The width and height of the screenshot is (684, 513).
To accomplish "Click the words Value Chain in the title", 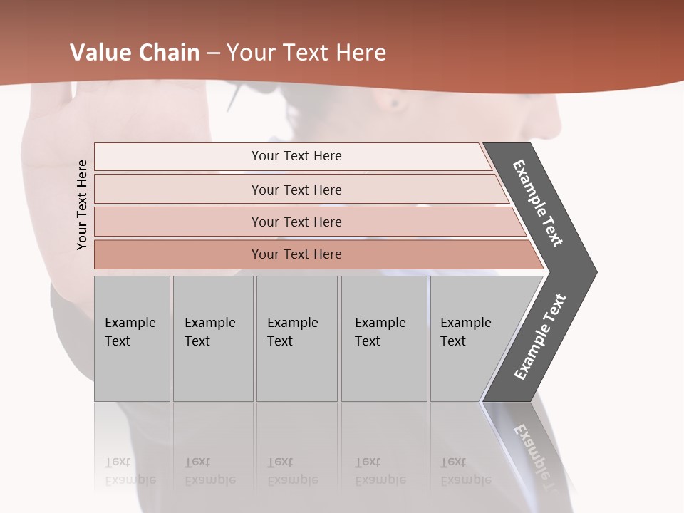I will (x=135, y=53).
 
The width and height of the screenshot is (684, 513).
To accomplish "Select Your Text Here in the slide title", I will (x=306, y=53).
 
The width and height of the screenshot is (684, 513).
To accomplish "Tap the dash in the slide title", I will (x=213, y=53).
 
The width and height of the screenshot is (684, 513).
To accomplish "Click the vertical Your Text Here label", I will (x=82, y=204).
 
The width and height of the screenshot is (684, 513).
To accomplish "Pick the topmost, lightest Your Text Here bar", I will (x=296, y=156).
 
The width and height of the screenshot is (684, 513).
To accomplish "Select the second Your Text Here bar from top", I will (x=296, y=190).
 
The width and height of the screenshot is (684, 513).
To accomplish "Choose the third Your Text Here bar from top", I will (x=296, y=222).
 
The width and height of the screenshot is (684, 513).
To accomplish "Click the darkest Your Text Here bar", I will (x=296, y=254).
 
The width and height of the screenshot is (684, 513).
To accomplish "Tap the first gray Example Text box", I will (x=132, y=338).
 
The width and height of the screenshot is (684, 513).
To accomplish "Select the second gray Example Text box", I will (x=213, y=338).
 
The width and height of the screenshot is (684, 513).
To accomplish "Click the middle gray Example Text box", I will (x=296, y=338).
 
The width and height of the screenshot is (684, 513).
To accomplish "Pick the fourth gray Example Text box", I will (x=384, y=338).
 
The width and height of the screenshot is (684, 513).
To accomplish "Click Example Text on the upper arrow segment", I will (x=538, y=203).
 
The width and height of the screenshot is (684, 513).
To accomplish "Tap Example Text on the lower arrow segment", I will (x=540, y=337).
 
